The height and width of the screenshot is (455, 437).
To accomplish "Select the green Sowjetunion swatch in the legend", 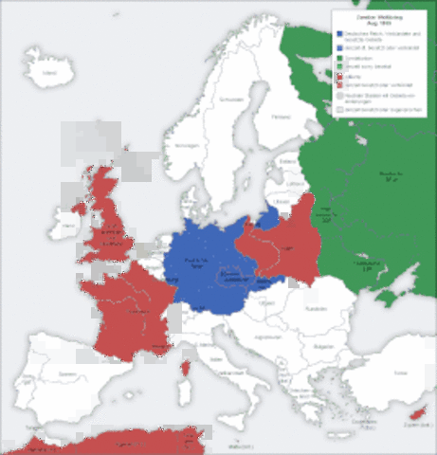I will pos(338,59).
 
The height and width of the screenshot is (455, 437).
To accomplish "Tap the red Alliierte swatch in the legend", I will pos(338,77).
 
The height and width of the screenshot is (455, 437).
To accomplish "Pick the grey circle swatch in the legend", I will pos(338,95).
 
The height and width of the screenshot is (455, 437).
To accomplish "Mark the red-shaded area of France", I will pos(133,303).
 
